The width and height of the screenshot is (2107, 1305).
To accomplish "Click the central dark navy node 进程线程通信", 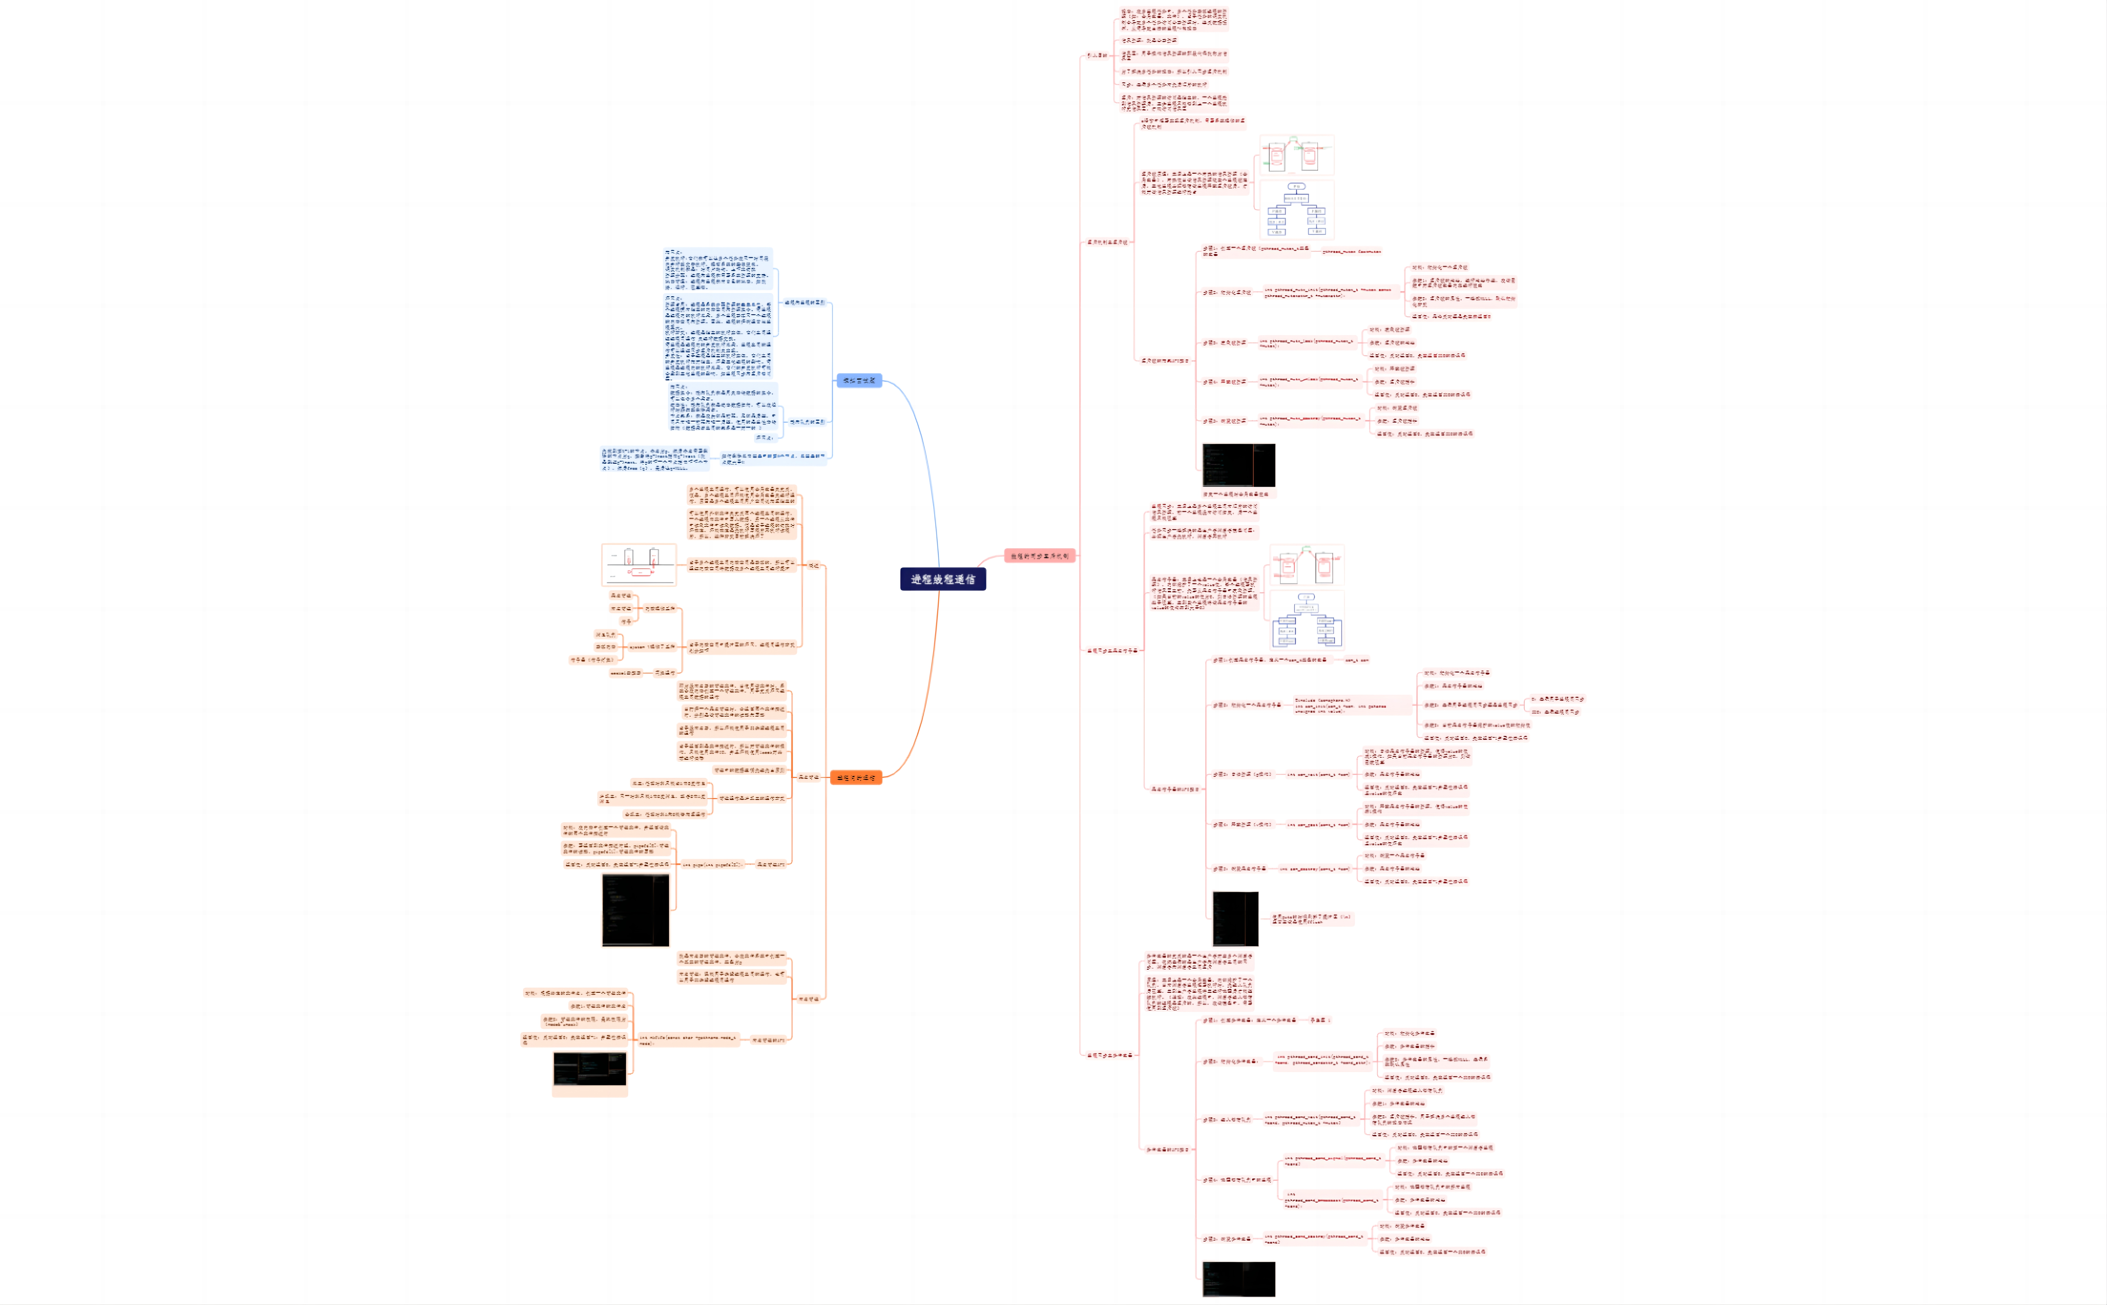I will (x=943, y=579).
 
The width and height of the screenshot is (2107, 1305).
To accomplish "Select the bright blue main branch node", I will (x=859, y=380).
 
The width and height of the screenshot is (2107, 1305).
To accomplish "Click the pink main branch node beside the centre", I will (x=1039, y=556).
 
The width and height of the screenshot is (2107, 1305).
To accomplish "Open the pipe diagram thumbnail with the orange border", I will (x=639, y=565).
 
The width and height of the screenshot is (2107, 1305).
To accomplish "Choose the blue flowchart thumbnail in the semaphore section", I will (x=1307, y=620).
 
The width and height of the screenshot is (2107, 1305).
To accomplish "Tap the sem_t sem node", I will (x=1356, y=659).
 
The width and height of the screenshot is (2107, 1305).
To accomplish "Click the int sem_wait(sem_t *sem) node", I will (x=1318, y=774).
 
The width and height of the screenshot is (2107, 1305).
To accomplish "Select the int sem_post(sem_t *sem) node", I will (x=1318, y=824).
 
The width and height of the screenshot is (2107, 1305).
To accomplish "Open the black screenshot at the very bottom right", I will (x=1239, y=1278).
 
